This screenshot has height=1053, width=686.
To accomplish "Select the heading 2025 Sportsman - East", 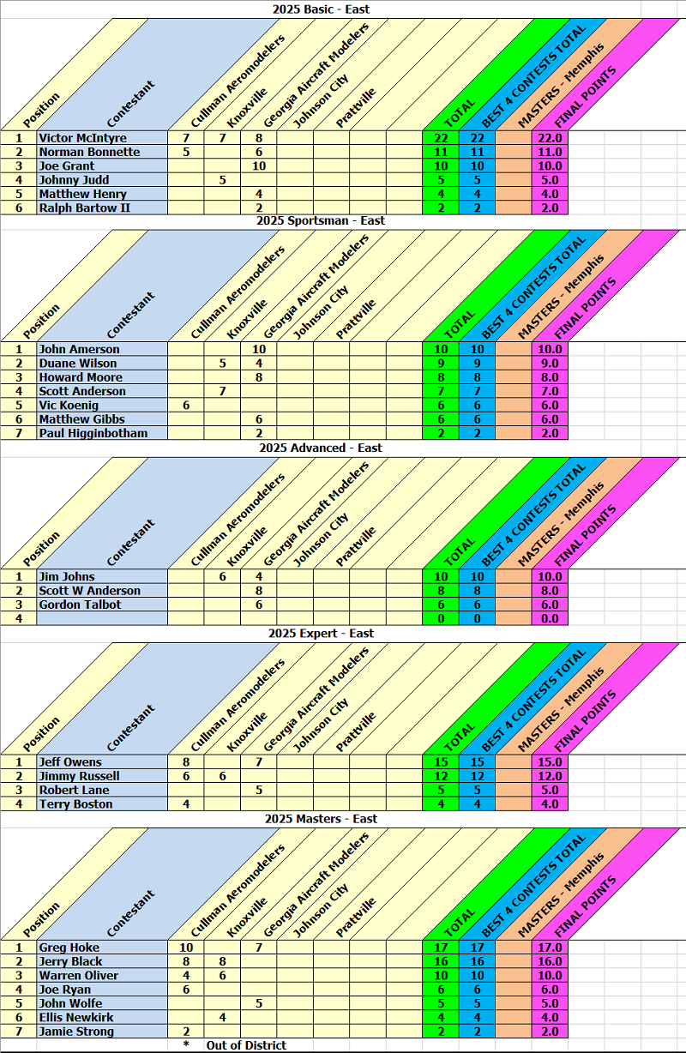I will click(320, 220).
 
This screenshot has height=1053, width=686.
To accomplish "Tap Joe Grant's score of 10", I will click(259, 165).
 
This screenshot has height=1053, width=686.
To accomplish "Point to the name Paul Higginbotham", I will click(93, 433).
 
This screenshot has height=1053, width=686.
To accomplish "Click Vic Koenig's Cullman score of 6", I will click(186, 405).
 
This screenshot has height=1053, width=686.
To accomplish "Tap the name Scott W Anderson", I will click(89, 591).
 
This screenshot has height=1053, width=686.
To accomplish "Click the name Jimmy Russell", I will click(79, 776).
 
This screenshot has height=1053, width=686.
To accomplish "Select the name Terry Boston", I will click(75, 804).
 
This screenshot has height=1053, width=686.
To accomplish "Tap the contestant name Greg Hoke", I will click(69, 948).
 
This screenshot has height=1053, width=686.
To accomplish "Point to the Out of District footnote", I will click(245, 1045).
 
